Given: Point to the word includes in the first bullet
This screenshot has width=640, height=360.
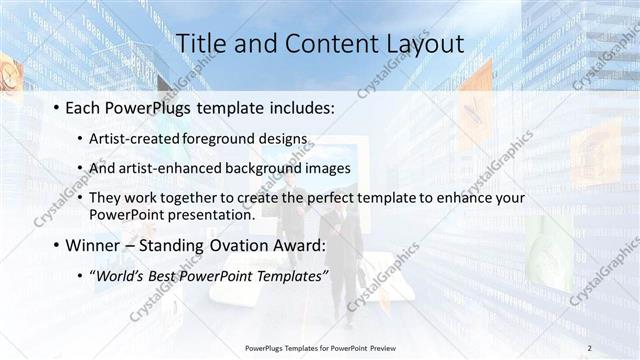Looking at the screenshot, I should click(294, 106).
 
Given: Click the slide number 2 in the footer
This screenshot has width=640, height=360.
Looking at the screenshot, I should click(589, 347).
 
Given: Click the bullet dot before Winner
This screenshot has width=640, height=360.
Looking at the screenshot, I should click(56, 245).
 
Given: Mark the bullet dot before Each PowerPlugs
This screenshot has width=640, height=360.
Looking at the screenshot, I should click(56, 107).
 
